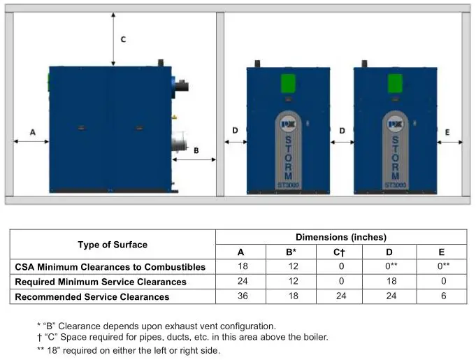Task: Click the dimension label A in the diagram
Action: [x=32, y=131]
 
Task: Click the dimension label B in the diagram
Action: [x=196, y=150]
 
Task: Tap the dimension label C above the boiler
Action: [x=123, y=40]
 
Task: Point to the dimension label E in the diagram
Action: [x=447, y=131]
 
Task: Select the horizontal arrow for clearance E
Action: [x=449, y=141]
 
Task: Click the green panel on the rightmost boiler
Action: [x=395, y=84]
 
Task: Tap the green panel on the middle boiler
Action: [x=288, y=84]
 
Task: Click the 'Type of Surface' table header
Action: [x=113, y=245]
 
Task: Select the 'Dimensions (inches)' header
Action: [x=340, y=237]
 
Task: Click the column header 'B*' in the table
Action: [x=291, y=252]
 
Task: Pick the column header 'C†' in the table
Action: [x=340, y=252]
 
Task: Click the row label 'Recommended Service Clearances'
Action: [x=92, y=297]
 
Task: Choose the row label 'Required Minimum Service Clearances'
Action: [x=101, y=282]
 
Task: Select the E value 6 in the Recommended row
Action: [x=441, y=296]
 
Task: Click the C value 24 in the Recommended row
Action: [x=340, y=296]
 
